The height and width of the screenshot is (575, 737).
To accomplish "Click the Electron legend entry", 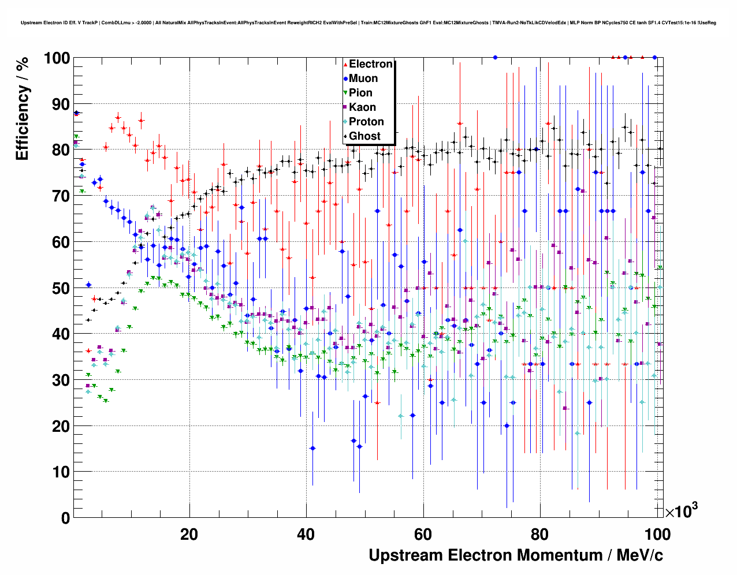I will (370, 64).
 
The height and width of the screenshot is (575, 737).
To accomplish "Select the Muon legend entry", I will (363, 79).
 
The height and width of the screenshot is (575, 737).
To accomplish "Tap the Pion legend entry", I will (360, 93).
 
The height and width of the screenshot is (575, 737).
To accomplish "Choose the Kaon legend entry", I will (362, 107).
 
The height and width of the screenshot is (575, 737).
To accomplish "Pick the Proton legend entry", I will (366, 122).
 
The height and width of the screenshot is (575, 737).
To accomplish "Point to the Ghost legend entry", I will (364, 136).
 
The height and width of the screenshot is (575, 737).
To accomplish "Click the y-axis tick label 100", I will (57, 58).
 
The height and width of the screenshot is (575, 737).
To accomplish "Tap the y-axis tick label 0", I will (66, 518).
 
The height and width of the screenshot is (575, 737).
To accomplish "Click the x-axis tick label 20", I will (189, 534).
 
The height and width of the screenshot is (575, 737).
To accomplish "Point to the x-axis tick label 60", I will (423, 534).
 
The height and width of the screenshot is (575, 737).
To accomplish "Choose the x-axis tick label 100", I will (656, 534).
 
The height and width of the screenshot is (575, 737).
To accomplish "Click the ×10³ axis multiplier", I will (681, 511).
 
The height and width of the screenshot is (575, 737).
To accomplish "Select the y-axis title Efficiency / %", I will (22, 109).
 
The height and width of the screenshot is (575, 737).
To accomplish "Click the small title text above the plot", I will (368, 23).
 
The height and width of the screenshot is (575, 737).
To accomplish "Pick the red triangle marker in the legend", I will (345, 65).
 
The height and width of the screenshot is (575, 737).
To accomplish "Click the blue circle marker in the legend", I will (345, 79).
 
